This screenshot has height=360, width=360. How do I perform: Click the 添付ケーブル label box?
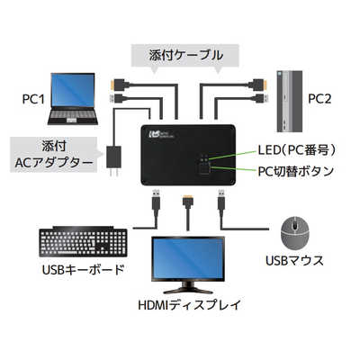186,56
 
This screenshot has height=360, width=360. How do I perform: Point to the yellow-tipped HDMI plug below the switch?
185,199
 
